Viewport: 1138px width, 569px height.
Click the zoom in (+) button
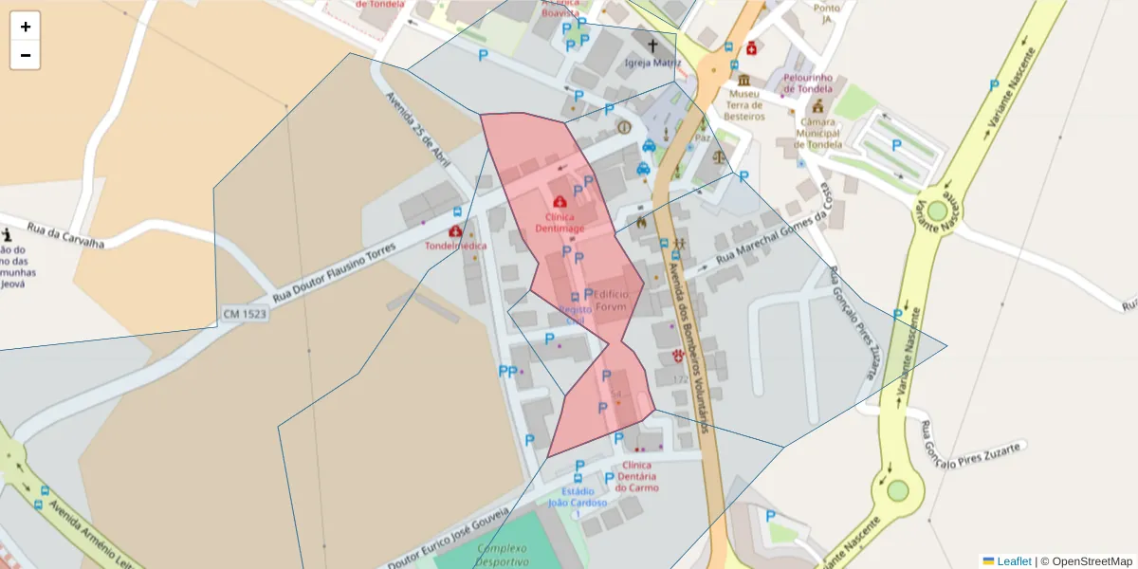pyautogui.click(x=26, y=27)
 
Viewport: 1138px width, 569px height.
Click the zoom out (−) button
pyautogui.click(x=26, y=55)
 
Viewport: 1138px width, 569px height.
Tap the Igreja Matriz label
pyautogui.click(x=652, y=63)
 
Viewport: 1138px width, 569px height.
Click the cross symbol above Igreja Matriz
pyautogui.click(x=652, y=45)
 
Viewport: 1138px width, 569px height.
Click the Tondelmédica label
pyautogui.click(x=456, y=246)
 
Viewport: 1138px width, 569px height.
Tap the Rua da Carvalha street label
pyautogui.click(x=64, y=234)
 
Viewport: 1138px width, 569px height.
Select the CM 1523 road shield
pyautogui.click(x=245, y=313)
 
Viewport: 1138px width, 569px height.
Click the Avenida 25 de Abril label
pyautogui.click(x=417, y=130)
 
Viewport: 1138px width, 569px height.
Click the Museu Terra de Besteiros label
pyautogui.click(x=744, y=104)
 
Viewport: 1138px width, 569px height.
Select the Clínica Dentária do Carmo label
pyautogui.click(x=636, y=476)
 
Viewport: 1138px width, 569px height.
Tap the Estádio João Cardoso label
pyautogui.click(x=578, y=497)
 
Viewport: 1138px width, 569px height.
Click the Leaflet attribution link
pyautogui.click(x=1014, y=561)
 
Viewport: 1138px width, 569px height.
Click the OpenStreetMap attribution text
pyautogui.click(x=1092, y=561)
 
